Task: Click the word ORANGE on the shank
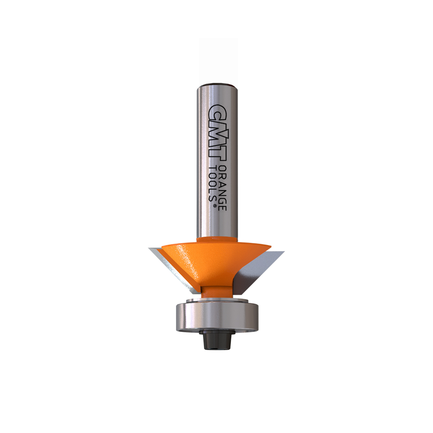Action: (222, 188)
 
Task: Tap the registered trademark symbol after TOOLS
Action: (214, 206)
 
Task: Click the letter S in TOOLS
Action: (212, 198)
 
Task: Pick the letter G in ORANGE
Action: (222, 200)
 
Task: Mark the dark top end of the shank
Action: (217, 84)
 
